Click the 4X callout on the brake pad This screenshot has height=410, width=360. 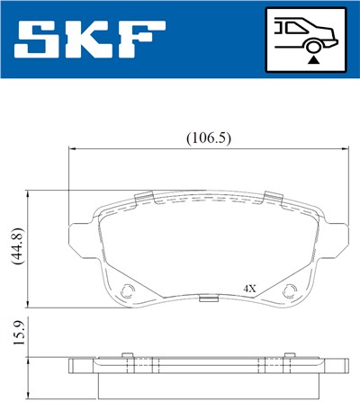click(250, 289)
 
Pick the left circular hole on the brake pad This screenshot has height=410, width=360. click(127, 290)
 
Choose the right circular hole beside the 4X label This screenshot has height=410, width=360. click(290, 290)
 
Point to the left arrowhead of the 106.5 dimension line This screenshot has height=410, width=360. click(72, 149)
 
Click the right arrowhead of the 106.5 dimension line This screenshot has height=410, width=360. click(344, 149)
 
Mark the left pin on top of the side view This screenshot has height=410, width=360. click(128, 353)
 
